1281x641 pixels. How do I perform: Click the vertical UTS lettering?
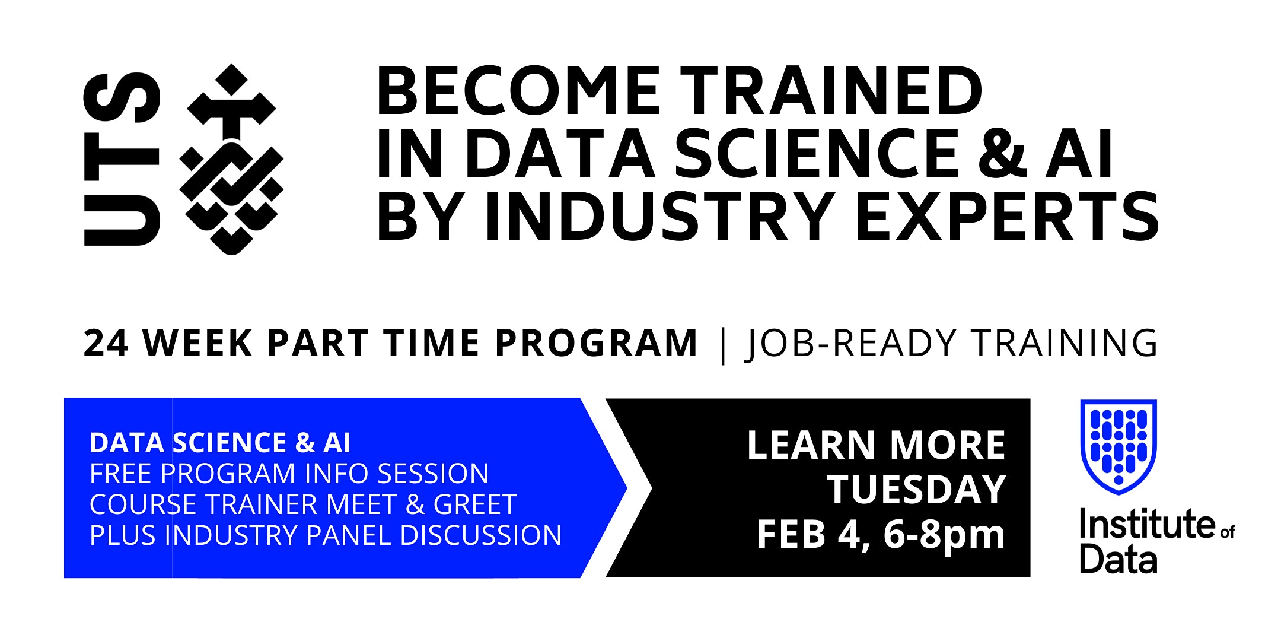pyautogui.click(x=122, y=159)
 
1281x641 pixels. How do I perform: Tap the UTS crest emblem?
pyautogui.click(x=232, y=159)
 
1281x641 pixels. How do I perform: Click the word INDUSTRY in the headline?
pyautogui.click(x=661, y=216)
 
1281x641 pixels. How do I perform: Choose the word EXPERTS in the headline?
pyautogui.click(x=1007, y=216)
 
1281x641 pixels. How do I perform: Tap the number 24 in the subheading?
pyautogui.click(x=106, y=343)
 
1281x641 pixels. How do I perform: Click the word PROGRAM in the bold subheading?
pyautogui.click(x=596, y=343)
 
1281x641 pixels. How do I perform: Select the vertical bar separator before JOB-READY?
pyautogui.click(x=722, y=345)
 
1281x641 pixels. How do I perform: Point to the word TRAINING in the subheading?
pyautogui.click(x=1064, y=343)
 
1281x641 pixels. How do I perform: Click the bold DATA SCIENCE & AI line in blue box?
pyautogui.click(x=220, y=443)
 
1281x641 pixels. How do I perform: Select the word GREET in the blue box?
pyautogui.click(x=475, y=504)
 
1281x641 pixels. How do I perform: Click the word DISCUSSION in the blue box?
pyautogui.click(x=481, y=535)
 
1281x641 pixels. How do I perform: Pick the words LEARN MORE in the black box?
pyautogui.click(x=876, y=445)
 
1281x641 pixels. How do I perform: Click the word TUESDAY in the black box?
pyautogui.click(x=917, y=490)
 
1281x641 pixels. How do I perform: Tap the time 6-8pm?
pyautogui.click(x=944, y=535)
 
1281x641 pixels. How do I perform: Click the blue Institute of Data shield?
pyautogui.click(x=1119, y=447)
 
